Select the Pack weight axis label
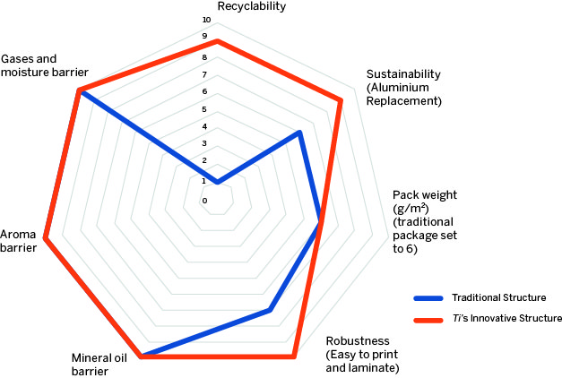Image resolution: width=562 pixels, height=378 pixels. click(425, 221)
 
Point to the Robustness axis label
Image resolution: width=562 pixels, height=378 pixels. click(362, 354)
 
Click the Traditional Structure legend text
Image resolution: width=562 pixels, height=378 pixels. click(499, 297)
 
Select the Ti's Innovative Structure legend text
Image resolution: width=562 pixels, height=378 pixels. click(506, 318)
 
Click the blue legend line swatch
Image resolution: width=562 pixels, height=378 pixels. click(428, 297)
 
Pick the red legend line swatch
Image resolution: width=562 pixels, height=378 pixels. click(428, 319)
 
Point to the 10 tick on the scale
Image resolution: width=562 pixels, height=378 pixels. click(206, 20)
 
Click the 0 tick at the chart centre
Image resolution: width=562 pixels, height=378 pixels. click(205, 200)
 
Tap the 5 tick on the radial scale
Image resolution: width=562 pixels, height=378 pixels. click(205, 109)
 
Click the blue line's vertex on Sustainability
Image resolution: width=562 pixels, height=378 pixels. click(299, 133)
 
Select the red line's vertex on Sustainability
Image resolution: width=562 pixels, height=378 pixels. click(341, 100)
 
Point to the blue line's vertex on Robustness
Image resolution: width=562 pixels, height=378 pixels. click(270, 310)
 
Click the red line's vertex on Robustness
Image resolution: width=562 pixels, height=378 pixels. click(293, 357)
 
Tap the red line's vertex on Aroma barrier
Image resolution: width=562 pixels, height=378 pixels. click(45, 238)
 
